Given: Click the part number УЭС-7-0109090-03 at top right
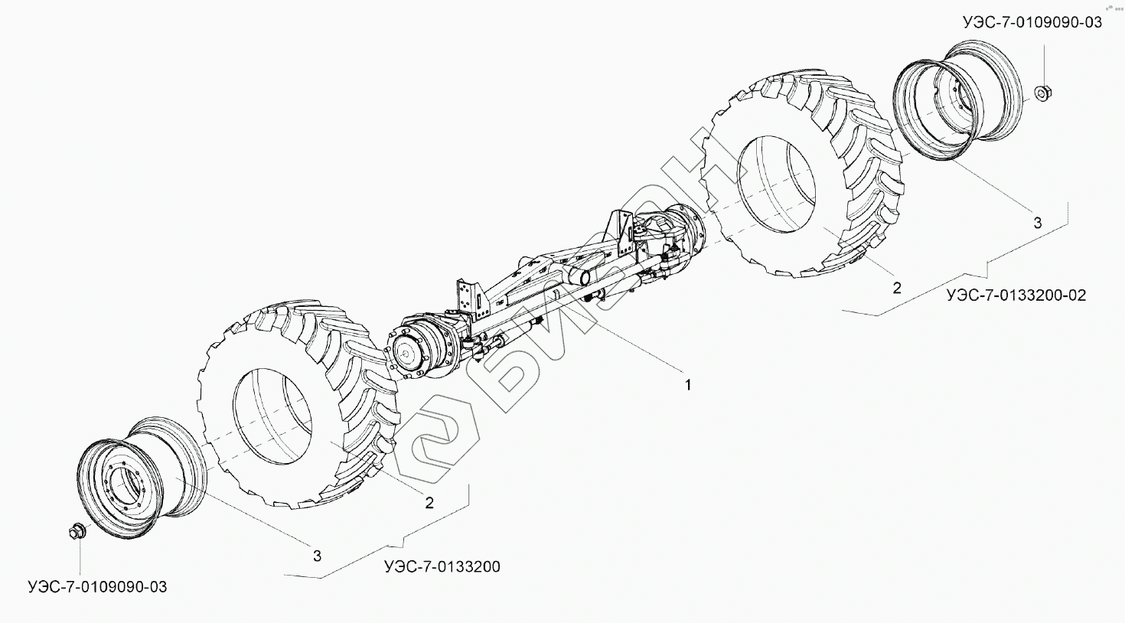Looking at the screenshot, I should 1032,22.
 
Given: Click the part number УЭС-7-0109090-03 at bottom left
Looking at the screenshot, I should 96,587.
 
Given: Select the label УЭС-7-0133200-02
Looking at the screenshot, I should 1016,295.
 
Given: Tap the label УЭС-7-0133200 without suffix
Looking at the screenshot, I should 443,567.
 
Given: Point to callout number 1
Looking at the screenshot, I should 687,385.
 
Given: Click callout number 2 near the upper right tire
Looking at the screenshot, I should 897,288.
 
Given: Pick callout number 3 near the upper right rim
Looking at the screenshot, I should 1038,223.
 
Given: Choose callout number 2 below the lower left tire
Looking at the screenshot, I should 429,502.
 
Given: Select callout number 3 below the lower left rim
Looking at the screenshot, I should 317,556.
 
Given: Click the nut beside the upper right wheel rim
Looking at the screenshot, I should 1042,93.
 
